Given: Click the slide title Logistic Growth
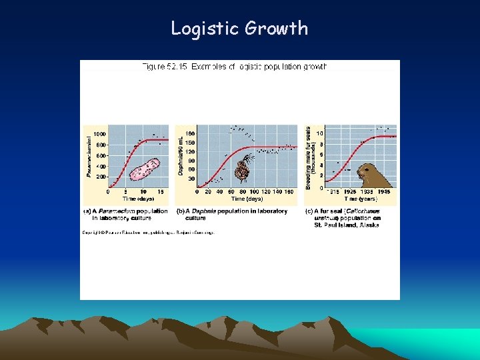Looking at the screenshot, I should coord(239,28).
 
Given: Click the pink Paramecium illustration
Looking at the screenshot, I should coord(145,169).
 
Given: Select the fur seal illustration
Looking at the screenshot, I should coord(373,175).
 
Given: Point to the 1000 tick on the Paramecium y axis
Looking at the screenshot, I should coord(100,134).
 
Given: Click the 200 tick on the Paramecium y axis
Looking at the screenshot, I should coord(101,177).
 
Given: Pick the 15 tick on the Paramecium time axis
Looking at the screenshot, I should coord(160,192).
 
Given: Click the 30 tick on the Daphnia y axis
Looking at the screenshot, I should coord(191,179).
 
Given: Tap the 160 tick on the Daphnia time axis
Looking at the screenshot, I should coord(289,192).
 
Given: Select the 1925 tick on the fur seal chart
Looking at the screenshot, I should coord(350,192).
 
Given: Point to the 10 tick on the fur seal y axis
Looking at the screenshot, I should coord(321,134).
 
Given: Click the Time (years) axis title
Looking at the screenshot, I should coord(360,199).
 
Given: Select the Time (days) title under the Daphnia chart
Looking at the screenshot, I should coord(247,199).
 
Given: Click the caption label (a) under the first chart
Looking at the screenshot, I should coord(87,211).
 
